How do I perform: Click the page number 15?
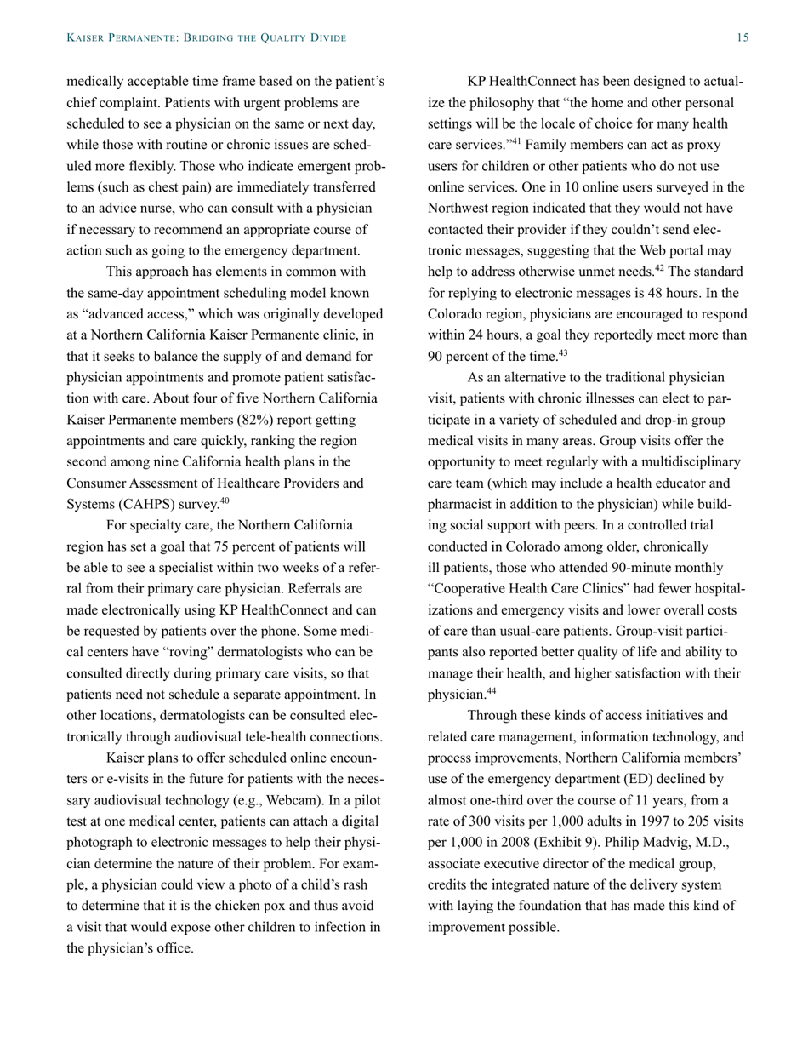742,37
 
